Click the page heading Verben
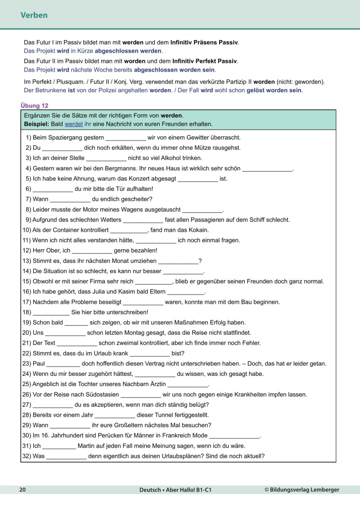click(34, 15)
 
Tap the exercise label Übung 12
click(34, 106)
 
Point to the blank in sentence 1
click(125, 137)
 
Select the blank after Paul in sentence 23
click(63, 364)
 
